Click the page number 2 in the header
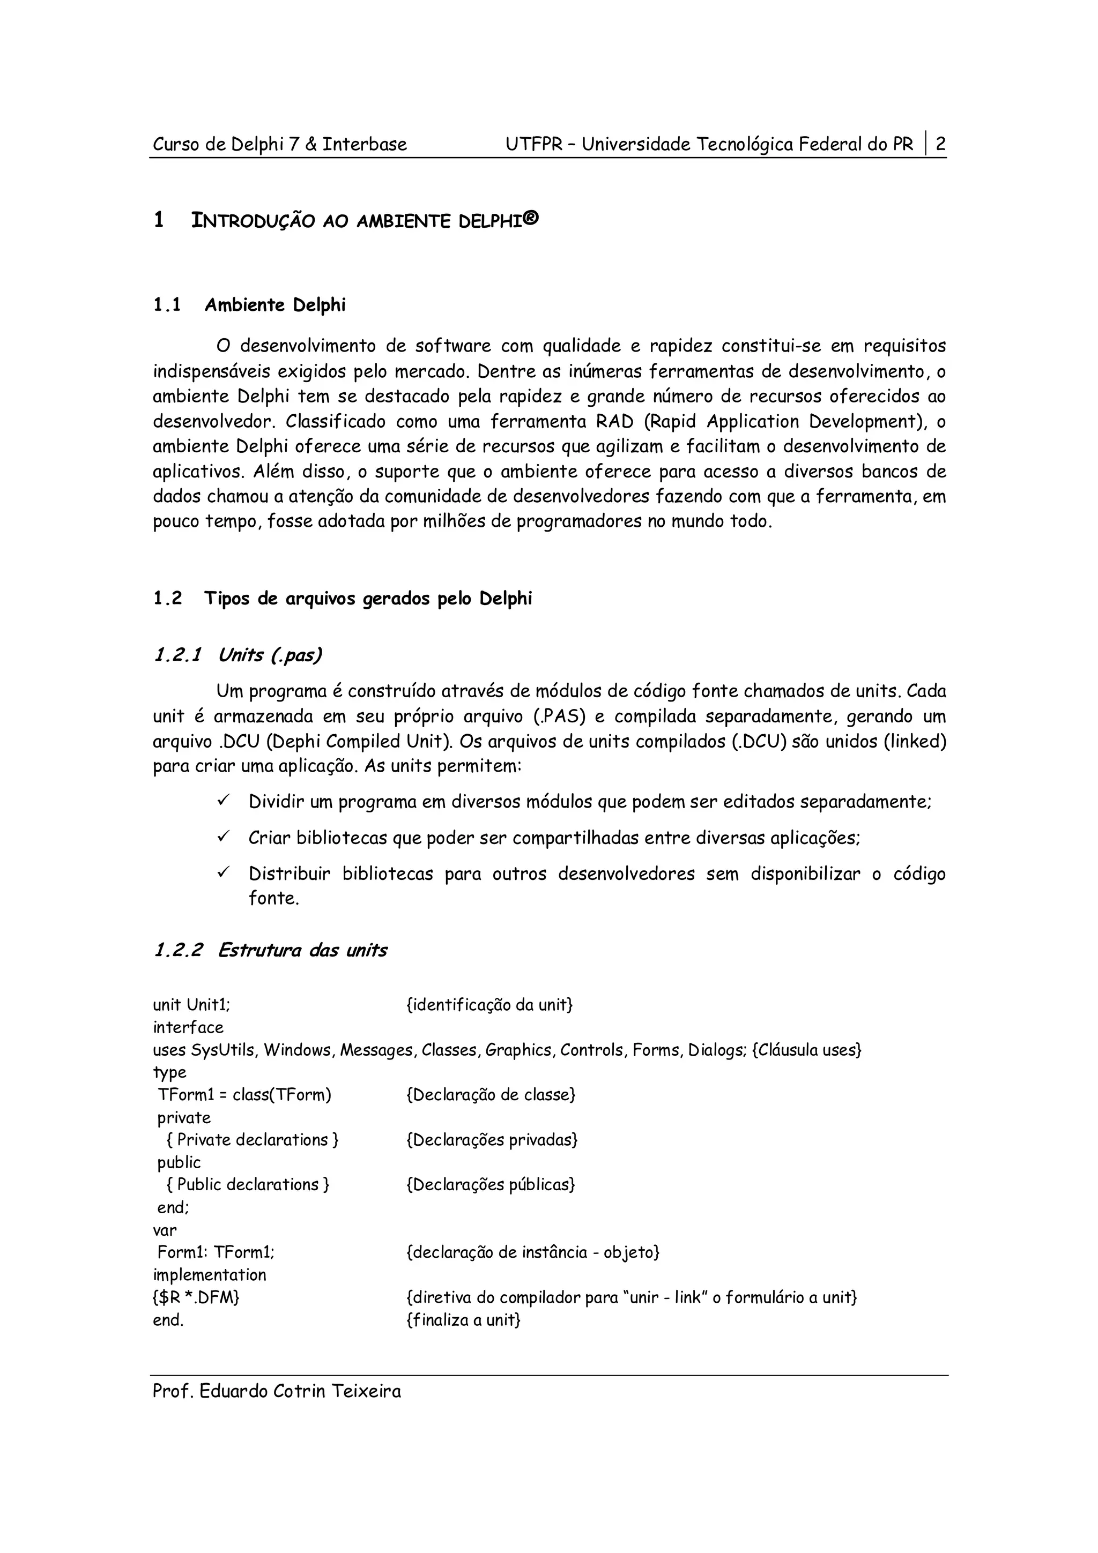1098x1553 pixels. click(x=940, y=144)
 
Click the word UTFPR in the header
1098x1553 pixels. click(x=533, y=144)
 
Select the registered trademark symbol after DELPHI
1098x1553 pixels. click(x=532, y=219)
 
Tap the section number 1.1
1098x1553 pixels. click(x=166, y=305)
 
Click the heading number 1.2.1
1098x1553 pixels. click(x=178, y=655)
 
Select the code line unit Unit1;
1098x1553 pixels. click(x=191, y=1005)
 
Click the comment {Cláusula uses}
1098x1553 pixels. click(x=806, y=1050)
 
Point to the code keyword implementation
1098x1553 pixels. click(x=210, y=1275)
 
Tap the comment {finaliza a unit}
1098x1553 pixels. click(x=463, y=1320)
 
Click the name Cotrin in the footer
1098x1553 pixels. click(x=299, y=1391)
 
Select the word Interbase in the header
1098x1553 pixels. click(x=365, y=144)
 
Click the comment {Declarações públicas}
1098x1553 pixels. click(x=491, y=1184)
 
